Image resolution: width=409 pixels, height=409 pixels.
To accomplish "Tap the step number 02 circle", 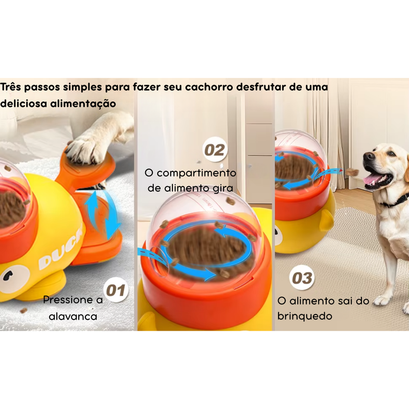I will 214,150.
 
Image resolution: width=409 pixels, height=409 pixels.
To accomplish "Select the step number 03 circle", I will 302,278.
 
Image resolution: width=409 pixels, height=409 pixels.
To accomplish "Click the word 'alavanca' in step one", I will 73,316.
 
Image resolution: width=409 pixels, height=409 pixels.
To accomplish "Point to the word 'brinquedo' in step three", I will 305,316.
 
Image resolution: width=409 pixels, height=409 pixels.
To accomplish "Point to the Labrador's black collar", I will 396,200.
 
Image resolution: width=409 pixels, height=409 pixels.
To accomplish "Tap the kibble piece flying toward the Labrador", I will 352,172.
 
